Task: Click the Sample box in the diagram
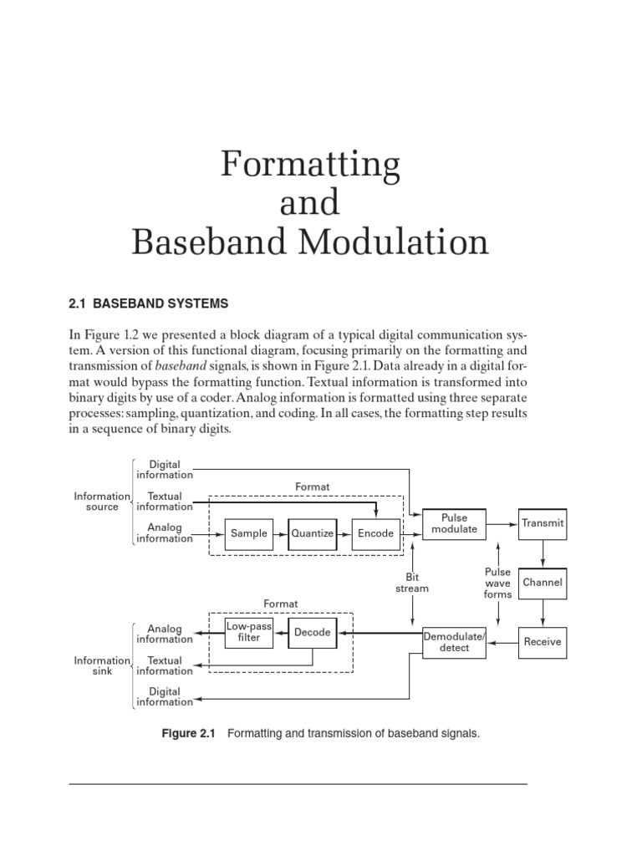click(x=249, y=533)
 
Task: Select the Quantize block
click(x=311, y=533)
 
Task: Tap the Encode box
click(x=375, y=533)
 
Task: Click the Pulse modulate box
click(x=453, y=523)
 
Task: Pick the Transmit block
click(x=543, y=523)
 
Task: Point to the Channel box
click(x=543, y=582)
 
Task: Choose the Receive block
click(x=543, y=642)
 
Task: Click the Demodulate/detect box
click(x=454, y=642)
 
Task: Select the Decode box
click(x=312, y=633)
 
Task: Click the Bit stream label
click(x=411, y=583)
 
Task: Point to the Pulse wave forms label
click(x=497, y=583)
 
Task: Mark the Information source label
click(x=102, y=502)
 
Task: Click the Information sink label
click(x=102, y=665)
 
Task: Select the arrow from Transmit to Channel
click(x=543, y=552)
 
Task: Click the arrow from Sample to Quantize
click(x=280, y=533)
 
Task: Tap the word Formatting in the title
click(x=310, y=166)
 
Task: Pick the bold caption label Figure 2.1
click(x=187, y=733)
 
